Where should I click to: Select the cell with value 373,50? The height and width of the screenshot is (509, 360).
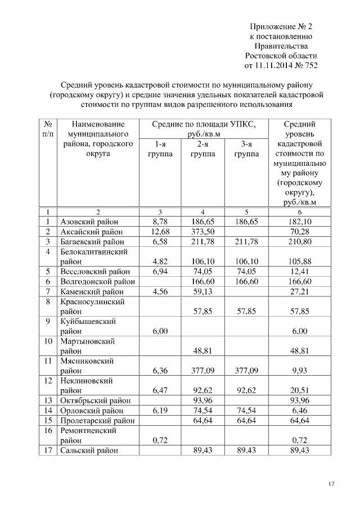201,232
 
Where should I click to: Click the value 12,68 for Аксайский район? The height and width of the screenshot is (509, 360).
160,232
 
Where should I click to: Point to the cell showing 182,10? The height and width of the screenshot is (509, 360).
299,222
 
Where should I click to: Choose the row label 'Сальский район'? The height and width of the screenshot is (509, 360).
89,450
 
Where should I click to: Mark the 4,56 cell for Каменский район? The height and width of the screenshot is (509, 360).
160,292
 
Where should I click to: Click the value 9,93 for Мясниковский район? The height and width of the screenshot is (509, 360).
299,371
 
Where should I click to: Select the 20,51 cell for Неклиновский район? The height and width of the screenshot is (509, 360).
299,390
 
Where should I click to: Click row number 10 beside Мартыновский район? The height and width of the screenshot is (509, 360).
48,341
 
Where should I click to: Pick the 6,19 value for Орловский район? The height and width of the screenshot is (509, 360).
160,411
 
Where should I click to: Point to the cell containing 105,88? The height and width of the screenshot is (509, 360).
299,262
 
